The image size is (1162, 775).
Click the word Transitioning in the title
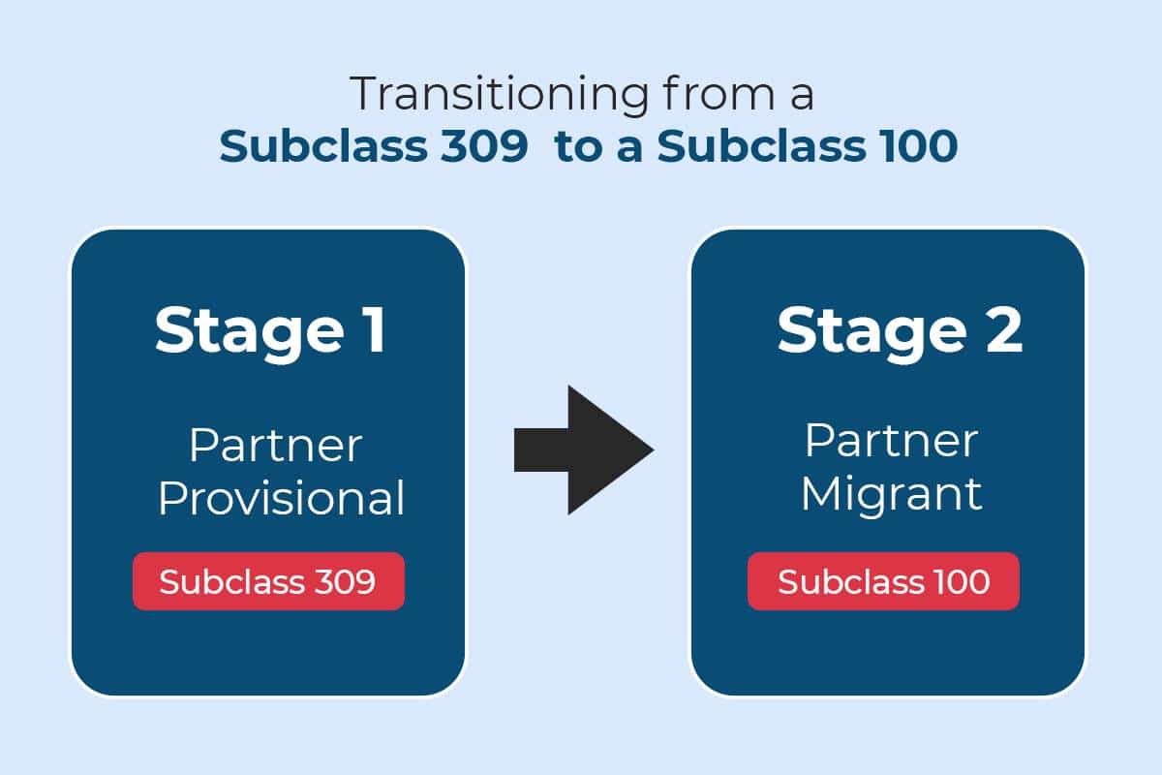(499, 95)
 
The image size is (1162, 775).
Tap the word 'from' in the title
(719, 92)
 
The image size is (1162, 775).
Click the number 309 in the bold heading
(484, 146)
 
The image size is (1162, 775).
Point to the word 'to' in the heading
(579, 147)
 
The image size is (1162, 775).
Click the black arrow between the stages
(584, 450)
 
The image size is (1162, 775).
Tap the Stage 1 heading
(270, 333)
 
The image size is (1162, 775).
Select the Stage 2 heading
(900, 333)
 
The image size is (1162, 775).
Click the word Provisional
(281, 499)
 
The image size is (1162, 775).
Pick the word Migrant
(892, 496)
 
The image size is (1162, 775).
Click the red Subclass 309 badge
(269, 581)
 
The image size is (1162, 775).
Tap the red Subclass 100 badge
(883, 581)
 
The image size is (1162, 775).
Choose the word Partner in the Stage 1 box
(275, 445)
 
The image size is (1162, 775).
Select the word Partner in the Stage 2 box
(892, 441)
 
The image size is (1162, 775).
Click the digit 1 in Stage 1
(375, 329)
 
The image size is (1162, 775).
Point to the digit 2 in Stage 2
(1004, 329)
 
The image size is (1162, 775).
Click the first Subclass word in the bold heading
(323, 146)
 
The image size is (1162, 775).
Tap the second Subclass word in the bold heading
(761, 146)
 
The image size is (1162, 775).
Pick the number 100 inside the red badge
(962, 581)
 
